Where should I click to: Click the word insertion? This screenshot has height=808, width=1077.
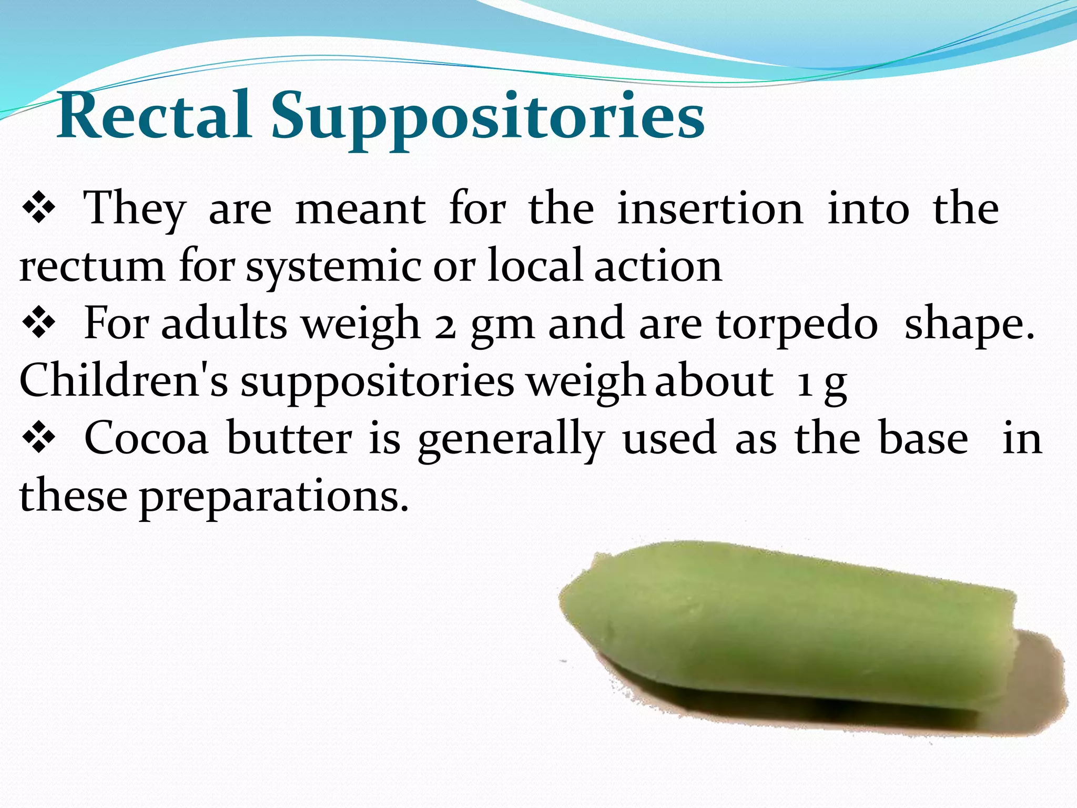click(709, 209)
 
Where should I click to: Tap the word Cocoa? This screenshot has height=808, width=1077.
click(146, 439)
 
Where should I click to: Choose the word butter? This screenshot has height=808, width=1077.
click(289, 439)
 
